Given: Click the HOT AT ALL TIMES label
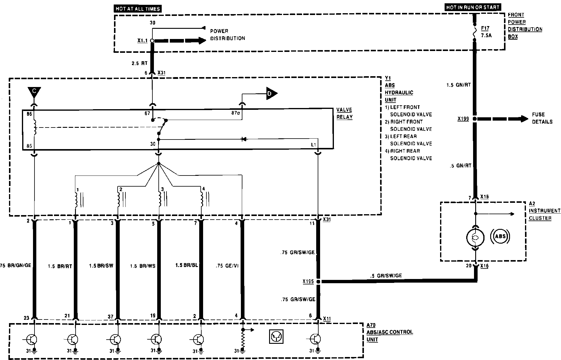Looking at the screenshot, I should pyautogui.click(x=138, y=9).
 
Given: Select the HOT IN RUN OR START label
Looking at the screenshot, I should pyautogui.click(x=472, y=7).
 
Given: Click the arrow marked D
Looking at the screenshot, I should pyautogui.click(x=271, y=94).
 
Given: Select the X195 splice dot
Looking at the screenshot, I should pyautogui.click(x=318, y=282).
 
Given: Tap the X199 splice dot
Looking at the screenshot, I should pyautogui.click(x=475, y=119).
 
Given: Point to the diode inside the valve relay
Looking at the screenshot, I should pyautogui.click(x=244, y=139).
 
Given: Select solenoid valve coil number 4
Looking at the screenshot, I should pyautogui.click(x=202, y=199).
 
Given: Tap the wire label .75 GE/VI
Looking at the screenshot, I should pyautogui.click(x=227, y=266).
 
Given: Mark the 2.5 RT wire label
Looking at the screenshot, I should pyautogui.click(x=140, y=64).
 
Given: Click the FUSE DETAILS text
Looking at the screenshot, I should pyautogui.click(x=542, y=118).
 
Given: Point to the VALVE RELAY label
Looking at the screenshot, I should pyautogui.click(x=344, y=113).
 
